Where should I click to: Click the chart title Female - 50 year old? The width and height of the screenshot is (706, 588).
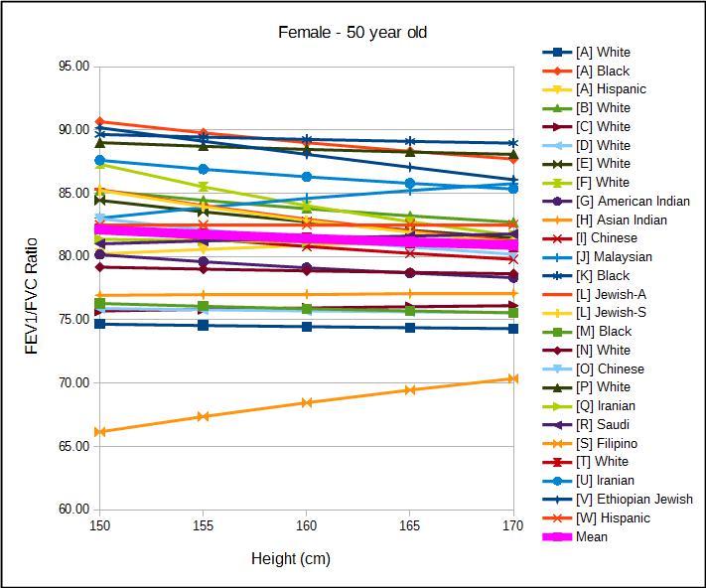[353, 32]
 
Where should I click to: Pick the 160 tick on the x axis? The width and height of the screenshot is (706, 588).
[306, 524]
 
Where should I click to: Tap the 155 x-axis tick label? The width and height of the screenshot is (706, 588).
[203, 524]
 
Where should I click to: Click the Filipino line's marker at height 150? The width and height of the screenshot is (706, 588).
[99, 432]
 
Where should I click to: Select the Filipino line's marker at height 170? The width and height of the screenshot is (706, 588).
[513, 378]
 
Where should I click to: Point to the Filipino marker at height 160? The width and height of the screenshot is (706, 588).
[306, 402]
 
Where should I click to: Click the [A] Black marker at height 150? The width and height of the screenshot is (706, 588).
[99, 121]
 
